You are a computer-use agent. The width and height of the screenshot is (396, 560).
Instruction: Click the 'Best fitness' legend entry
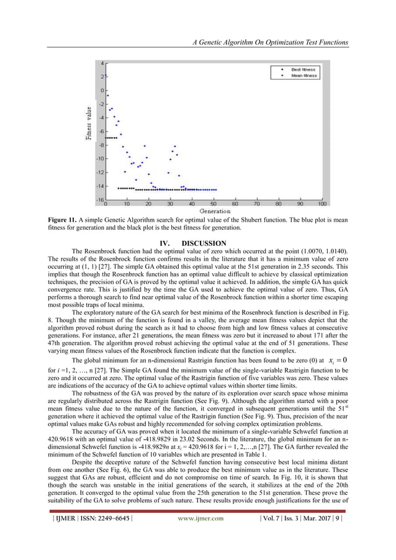coord(305,70)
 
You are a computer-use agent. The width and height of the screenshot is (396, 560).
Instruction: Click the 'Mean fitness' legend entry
coord(305,76)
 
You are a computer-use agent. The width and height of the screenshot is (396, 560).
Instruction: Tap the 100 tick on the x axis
coord(322,203)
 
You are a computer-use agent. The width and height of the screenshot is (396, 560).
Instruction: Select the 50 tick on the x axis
coord(214,203)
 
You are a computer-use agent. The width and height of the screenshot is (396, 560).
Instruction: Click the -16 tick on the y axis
coord(99,199)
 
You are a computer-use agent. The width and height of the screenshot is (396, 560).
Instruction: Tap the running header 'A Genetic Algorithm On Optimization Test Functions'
coord(271,42)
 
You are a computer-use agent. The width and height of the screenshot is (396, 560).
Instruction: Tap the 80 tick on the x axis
coord(279,203)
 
